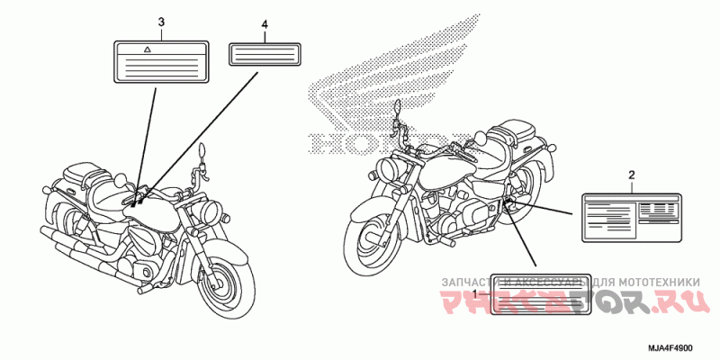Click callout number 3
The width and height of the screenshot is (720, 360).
pyautogui.click(x=161, y=20)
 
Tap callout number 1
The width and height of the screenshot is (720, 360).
pyautogui.click(x=475, y=294)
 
